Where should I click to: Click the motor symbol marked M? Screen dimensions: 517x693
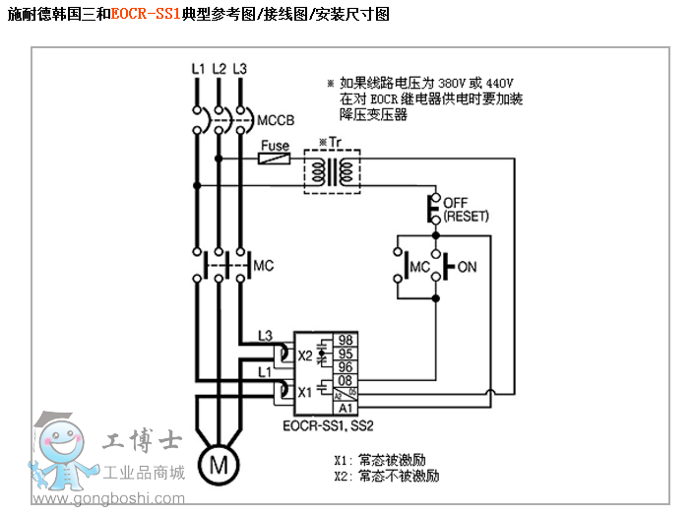(220, 463)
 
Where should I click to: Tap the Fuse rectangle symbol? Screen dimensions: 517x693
(275, 157)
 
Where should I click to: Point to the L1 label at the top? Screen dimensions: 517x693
(198, 69)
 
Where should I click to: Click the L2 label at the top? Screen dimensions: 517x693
(219, 69)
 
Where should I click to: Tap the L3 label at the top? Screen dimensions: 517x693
(239, 69)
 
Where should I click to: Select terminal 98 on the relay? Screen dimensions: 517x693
(346, 340)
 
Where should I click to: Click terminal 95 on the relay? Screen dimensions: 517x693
(346, 354)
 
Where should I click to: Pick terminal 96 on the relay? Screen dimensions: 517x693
(346, 366)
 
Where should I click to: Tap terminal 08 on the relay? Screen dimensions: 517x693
(346, 380)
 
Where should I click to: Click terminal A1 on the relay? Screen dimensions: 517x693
(346, 407)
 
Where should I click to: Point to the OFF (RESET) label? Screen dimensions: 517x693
(466, 209)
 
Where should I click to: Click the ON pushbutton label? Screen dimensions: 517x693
(467, 267)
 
